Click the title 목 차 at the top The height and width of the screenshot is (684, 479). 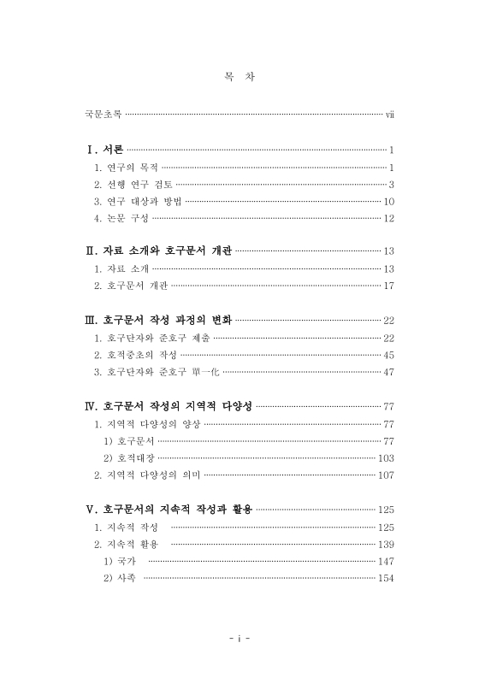239,77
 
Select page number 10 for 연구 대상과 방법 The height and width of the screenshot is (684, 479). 387,202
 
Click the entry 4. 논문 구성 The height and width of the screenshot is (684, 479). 121,219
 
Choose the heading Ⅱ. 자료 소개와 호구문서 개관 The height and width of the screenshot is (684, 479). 159,251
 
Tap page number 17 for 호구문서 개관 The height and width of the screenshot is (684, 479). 387,286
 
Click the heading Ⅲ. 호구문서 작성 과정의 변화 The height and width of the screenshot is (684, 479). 158,320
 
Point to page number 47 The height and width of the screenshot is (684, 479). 387,371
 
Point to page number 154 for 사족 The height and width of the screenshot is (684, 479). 385,578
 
